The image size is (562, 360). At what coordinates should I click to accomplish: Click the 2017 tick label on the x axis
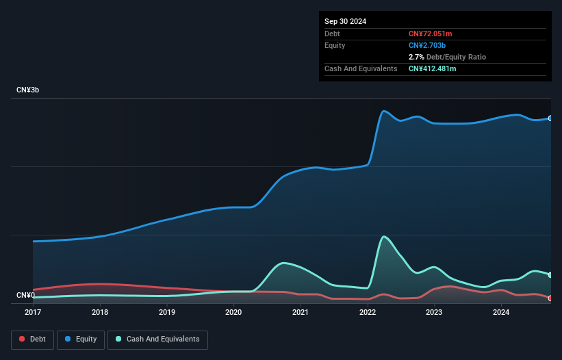point(33,312)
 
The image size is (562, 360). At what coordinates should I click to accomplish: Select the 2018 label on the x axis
point(100,312)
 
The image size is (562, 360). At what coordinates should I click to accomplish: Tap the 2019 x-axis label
point(166,312)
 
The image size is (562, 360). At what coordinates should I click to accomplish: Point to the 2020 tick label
point(233,312)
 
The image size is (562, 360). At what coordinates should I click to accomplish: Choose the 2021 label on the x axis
point(300,312)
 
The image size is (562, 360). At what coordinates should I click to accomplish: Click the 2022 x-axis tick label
point(367,312)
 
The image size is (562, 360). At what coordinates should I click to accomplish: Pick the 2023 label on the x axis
point(433,312)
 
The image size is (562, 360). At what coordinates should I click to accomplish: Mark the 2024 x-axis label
point(500,312)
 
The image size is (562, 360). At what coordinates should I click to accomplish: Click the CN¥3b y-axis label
point(28,90)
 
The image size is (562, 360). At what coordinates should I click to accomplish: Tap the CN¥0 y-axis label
point(25,296)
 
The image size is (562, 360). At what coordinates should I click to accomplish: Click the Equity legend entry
point(81,339)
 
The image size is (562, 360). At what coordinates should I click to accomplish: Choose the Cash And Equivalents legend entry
point(157,339)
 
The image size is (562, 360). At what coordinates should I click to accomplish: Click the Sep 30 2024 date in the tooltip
point(345,21)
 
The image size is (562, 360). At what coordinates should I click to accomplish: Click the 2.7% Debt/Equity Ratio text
point(447,57)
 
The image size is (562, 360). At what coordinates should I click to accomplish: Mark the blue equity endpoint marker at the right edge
point(550,118)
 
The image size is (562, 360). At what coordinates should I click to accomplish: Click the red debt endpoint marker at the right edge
point(550,298)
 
